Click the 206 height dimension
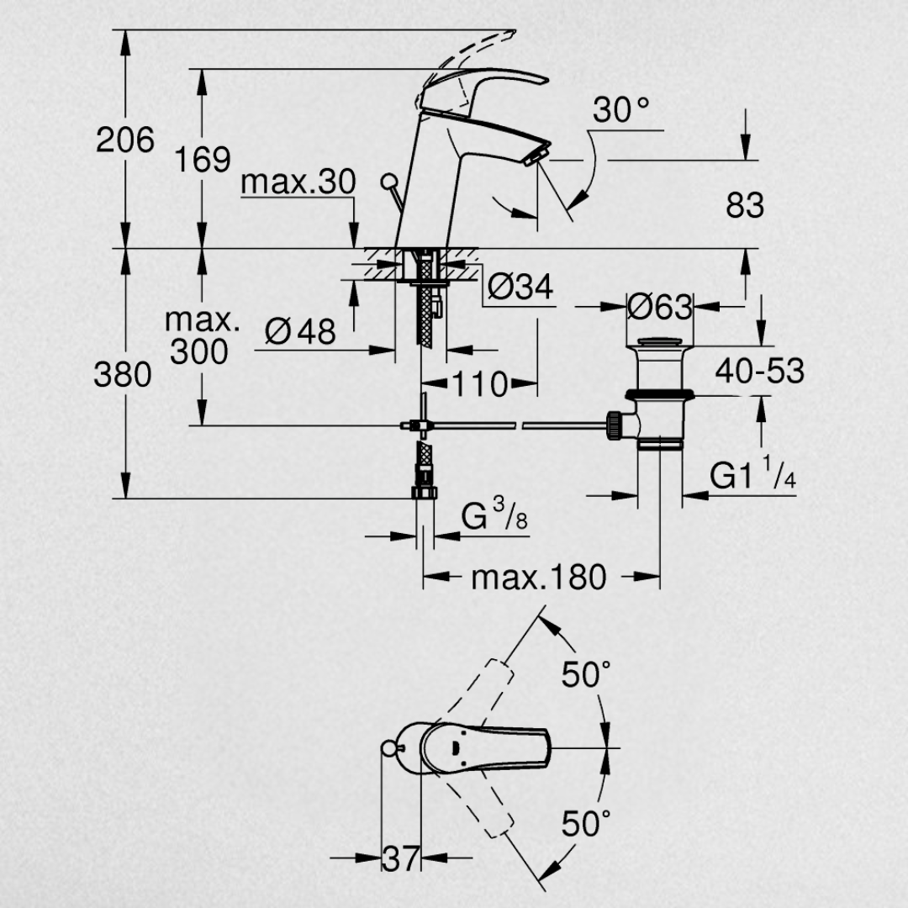pos(125,140)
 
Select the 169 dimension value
pos(203,159)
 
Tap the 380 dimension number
pos(123,374)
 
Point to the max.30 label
pos(298,182)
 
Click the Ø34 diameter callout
pos(520,286)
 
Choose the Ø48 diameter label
pos(300,331)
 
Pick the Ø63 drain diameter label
pos(660,306)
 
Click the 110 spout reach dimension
pos(480,383)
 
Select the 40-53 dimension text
pos(760,371)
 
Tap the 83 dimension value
pos(745,205)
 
